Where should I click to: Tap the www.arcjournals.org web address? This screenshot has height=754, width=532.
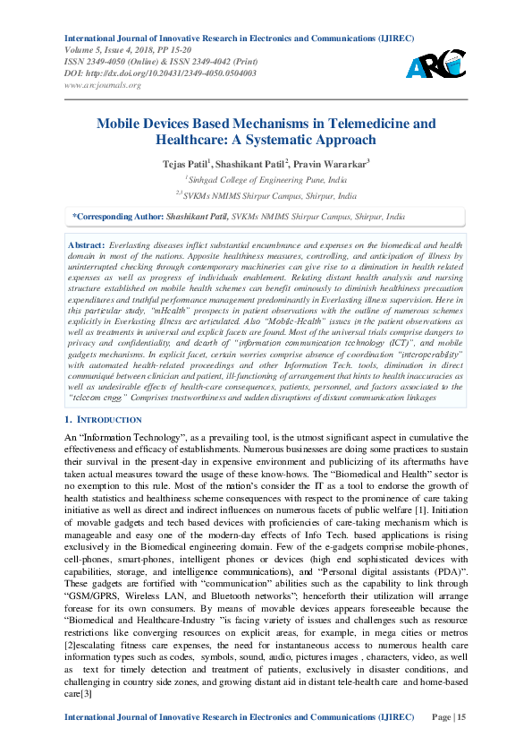pos(104,85)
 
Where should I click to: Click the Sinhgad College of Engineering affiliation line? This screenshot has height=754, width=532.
pos(266,179)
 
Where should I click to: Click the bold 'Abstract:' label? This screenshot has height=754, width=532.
pos(86,244)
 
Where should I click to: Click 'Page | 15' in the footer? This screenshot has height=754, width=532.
pos(448,717)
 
